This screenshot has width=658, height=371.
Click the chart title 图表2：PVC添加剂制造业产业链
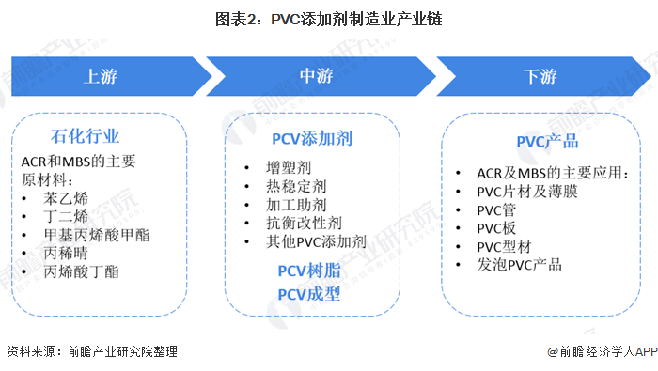click(329, 19)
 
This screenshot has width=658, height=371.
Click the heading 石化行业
click(85, 138)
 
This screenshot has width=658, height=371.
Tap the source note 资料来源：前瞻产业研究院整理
click(91, 352)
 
